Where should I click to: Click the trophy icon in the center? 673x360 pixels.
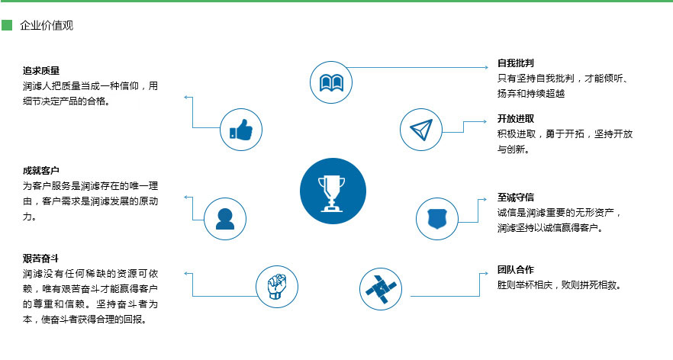[333, 191]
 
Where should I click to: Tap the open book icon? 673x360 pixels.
[331, 82]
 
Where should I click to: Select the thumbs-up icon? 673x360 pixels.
[241, 130]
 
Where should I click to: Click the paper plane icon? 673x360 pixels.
[420, 130]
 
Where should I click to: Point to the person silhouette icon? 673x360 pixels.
[225, 219]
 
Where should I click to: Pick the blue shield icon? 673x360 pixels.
[437, 219]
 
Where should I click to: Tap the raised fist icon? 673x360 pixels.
[277, 287]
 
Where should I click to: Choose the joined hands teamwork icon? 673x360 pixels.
[381, 289]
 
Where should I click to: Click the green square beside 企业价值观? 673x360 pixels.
[7, 25]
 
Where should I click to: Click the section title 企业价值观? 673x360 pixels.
[47, 26]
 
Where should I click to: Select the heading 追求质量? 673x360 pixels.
[41, 71]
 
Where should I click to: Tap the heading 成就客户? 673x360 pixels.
[41, 171]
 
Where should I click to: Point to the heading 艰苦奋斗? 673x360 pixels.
[40, 259]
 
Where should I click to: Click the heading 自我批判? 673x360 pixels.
[516, 63]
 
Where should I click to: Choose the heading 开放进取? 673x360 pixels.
[516, 119]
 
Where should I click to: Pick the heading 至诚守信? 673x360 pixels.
[516, 198]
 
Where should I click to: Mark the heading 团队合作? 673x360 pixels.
[516, 270]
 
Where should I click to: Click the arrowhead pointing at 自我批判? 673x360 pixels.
[486, 67]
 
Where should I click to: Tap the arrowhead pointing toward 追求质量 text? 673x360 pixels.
[186, 98]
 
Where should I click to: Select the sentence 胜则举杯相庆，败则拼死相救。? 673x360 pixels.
[559, 285]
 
